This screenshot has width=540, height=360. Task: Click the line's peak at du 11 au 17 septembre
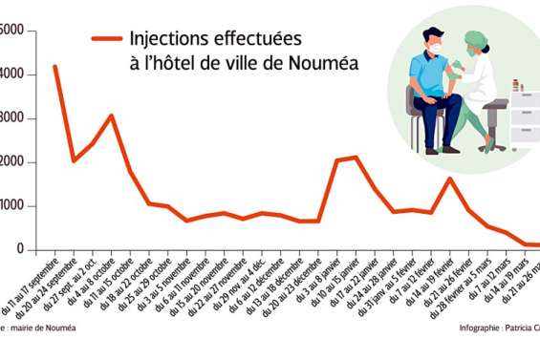click(54, 66)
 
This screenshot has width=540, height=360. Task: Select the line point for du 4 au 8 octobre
click(111, 116)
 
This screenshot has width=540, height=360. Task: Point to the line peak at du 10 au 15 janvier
click(356, 157)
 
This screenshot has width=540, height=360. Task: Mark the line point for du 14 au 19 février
click(450, 179)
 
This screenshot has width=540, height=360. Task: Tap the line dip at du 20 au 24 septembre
click(74, 160)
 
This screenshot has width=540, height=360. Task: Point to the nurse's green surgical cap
click(475, 38)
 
